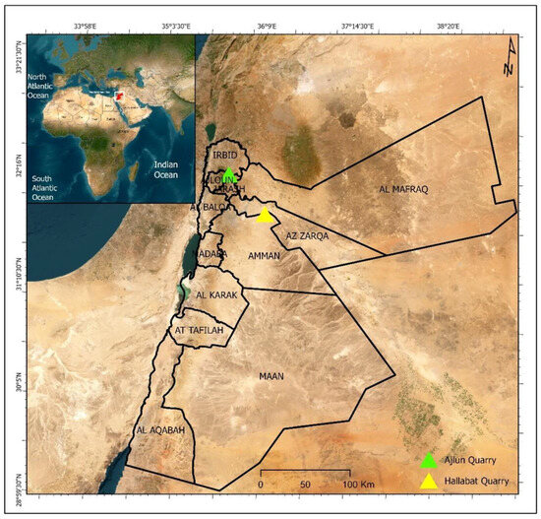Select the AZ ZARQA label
click(307, 237)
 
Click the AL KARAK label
click(216, 295)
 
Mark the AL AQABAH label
click(158, 431)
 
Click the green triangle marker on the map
click(228, 175)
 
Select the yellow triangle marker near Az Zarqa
click(264, 216)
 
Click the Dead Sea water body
click(189, 264)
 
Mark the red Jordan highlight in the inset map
click(118, 96)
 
